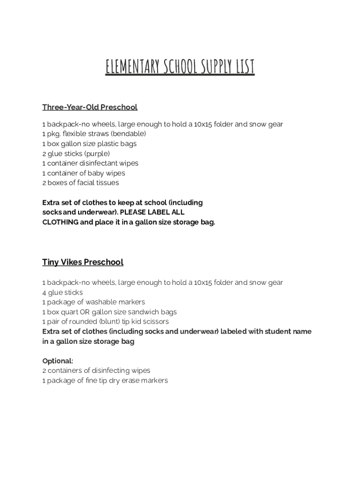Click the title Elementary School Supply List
(180, 67)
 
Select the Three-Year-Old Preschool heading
(90, 107)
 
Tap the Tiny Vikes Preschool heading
(83, 262)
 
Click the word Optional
(57, 361)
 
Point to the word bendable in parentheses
(128, 134)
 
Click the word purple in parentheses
(97, 153)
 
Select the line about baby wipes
(84, 173)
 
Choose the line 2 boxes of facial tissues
(80, 182)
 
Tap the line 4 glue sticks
(62, 292)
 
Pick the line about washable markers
(94, 302)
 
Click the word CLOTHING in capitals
(60, 222)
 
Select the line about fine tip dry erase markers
(105, 380)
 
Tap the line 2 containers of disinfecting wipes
(96, 370)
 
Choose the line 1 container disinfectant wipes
(90, 163)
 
